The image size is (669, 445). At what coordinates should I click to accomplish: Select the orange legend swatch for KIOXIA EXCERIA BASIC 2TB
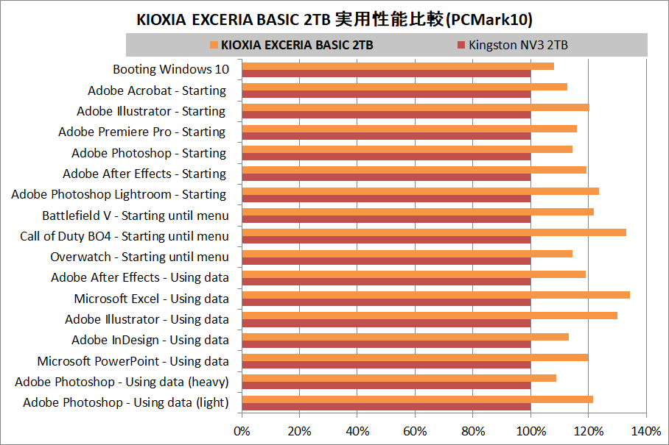(x=214, y=45)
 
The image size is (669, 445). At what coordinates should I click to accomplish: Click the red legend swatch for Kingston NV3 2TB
(x=461, y=45)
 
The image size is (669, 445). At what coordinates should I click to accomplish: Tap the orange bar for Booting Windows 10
(x=398, y=66)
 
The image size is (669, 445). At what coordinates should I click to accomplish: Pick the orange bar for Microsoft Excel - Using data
(x=435, y=295)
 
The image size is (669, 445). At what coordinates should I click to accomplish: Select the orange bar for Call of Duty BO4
(x=434, y=232)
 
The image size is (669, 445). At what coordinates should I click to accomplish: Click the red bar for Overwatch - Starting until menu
(x=386, y=260)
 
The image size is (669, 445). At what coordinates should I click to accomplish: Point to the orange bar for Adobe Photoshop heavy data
(x=399, y=378)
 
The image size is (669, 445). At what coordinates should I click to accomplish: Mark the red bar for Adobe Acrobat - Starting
(x=386, y=94)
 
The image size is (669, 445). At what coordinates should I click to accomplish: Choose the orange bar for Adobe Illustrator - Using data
(x=430, y=316)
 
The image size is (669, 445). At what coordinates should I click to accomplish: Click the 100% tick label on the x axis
(x=530, y=430)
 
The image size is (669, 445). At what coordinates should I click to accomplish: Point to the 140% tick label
(x=646, y=430)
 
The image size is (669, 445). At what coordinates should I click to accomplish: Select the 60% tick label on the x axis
(x=415, y=430)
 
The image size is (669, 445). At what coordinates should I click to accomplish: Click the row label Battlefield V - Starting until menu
(x=136, y=216)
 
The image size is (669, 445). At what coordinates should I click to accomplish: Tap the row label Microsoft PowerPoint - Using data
(x=133, y=361)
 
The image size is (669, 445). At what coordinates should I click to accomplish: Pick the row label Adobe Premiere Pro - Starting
(x=141, y=132)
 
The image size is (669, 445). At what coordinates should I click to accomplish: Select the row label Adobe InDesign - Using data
(x=150, y=341)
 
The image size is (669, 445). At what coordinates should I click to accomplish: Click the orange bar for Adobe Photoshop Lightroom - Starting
(x=420, y=191)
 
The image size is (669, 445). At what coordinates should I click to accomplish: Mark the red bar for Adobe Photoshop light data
(x=386, y=406)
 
